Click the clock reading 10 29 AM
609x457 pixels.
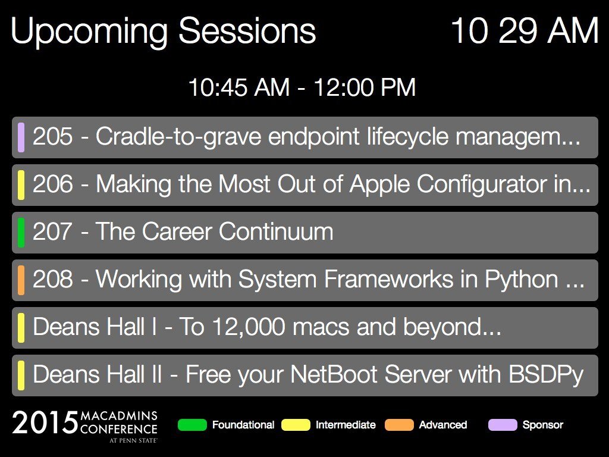click(x=525, y=30)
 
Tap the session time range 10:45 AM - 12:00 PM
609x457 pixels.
click(x=302, y=87)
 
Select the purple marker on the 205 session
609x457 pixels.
click(x=21, y=137)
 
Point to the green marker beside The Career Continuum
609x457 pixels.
click(x=21, y=233)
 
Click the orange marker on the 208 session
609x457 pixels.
click(x=21, y=280)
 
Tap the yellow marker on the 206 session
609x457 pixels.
click(x=21, y=185)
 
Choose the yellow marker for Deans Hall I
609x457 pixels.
click(x=21, y=328)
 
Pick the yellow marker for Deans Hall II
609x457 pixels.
click(x=21, y=375)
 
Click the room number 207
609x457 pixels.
click(x=52, y=231)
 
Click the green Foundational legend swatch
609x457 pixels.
click(x=192, y=425)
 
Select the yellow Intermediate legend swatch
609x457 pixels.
click(x=296, y=425)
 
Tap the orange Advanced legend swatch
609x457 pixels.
click(x=399, y=425)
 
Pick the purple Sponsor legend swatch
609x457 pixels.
click(x=503, y=425)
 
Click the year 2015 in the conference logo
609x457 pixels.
click(x=45, y=422)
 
